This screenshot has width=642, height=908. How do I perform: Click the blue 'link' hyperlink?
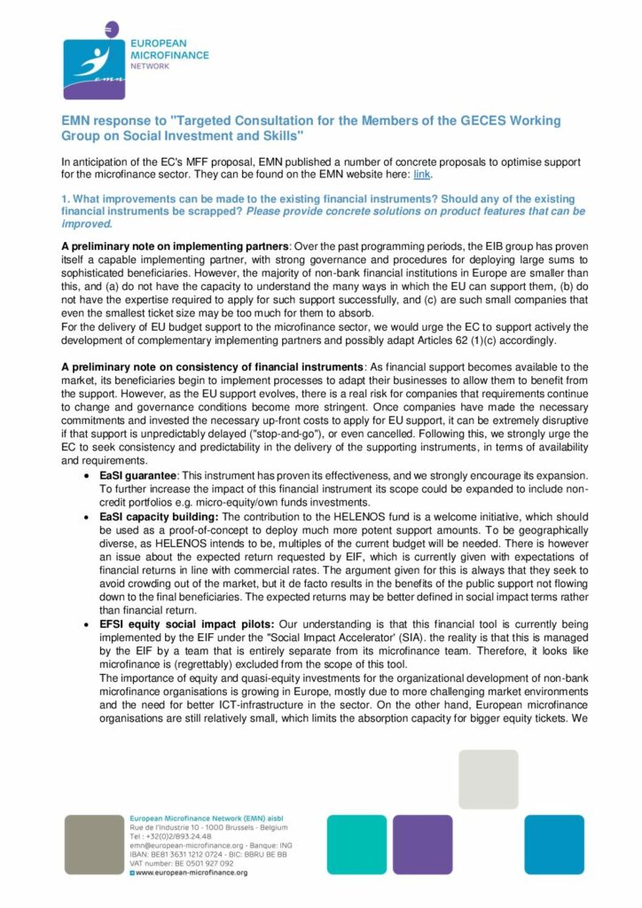421,175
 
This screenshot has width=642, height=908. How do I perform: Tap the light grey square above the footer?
488,778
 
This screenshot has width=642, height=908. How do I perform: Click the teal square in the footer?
356,844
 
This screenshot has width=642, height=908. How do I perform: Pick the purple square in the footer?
422,844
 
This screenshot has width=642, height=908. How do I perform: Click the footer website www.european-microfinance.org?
191,873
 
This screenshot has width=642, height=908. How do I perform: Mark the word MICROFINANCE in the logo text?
169,54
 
